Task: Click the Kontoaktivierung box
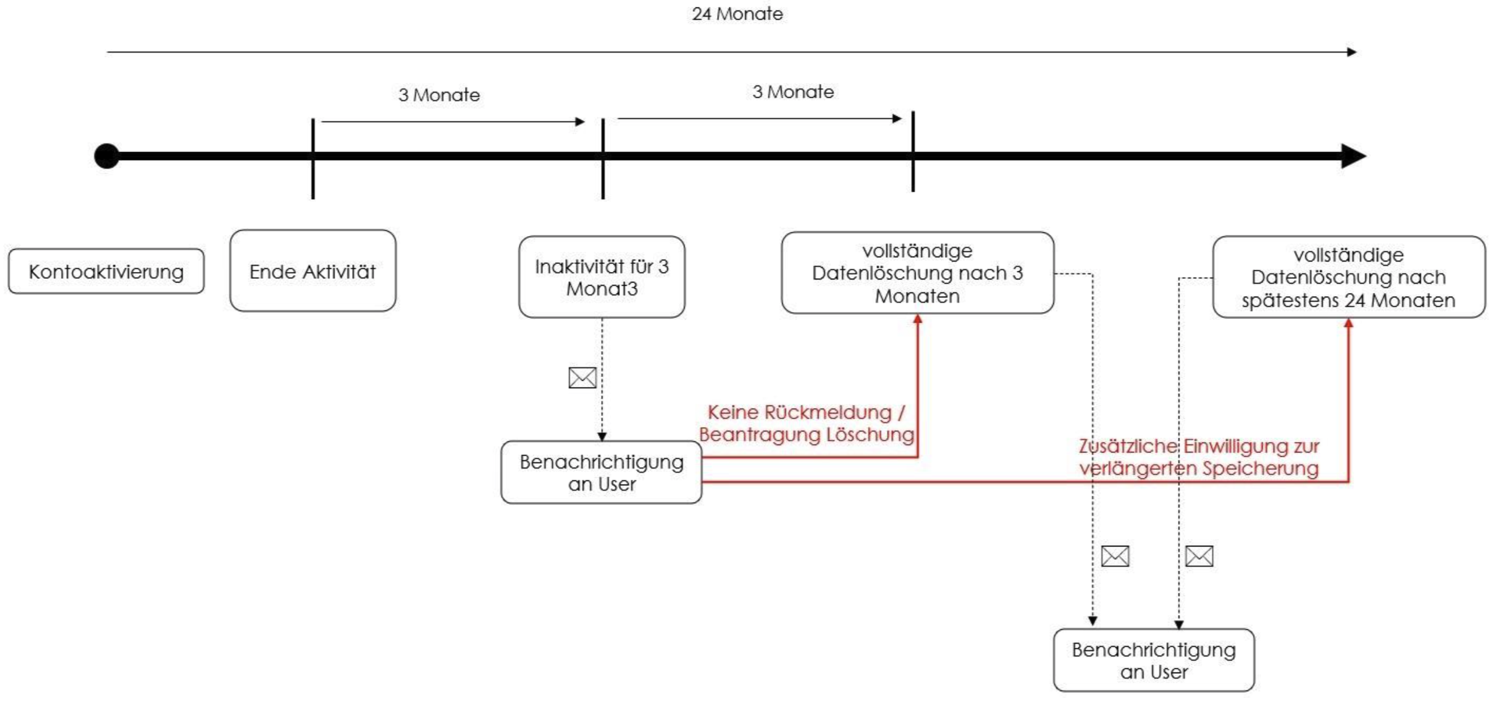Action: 106,271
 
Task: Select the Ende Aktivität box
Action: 313,271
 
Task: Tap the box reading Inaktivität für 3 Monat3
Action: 602,277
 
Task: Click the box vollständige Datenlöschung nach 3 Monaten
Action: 917,273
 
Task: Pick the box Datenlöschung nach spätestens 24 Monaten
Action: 1348,277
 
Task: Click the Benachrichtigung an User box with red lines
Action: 601,472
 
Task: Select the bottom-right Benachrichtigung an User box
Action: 1153,660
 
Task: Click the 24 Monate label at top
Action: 737,14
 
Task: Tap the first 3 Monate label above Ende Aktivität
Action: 439,95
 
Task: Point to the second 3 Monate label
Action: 792,91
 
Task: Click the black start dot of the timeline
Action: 107,156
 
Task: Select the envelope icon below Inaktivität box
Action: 582,377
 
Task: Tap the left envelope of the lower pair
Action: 1115,556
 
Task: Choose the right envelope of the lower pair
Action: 1199,556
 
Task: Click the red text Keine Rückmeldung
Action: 805,412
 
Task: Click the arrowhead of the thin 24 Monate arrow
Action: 1351,52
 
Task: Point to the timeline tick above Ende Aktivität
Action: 313,158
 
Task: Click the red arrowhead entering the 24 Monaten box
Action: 1348,323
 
